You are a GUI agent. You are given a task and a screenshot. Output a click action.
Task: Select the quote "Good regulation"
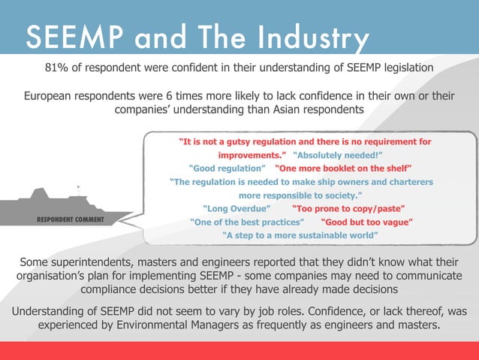(226, 168)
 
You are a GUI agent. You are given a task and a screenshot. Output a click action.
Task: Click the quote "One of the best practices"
(247, 222)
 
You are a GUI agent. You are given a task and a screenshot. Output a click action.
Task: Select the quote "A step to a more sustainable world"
(300, 235)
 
